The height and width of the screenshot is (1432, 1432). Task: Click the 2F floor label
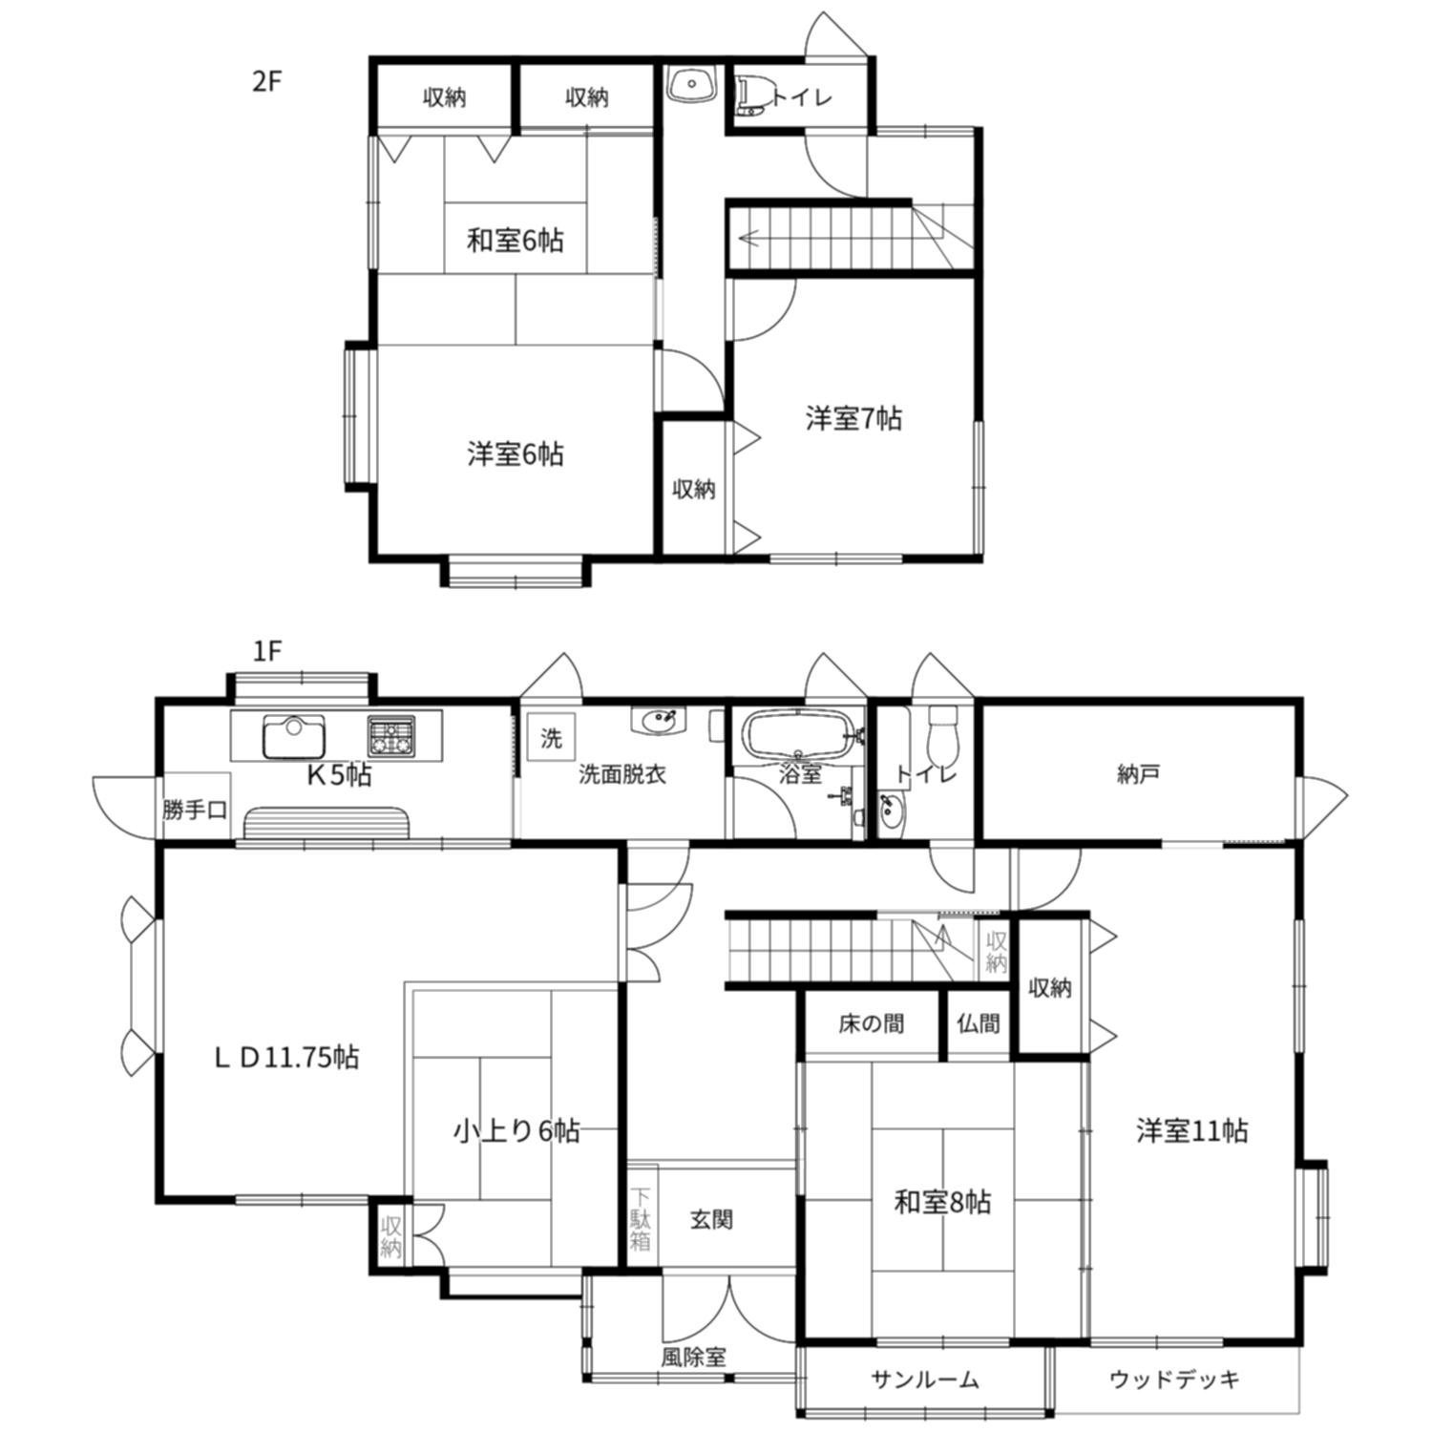click(x=267, y=82)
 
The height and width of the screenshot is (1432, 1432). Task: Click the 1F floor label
click(x=267, y=651)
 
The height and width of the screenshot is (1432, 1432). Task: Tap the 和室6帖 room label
click(x=515, y=240)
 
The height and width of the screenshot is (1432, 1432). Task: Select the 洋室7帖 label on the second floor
click(x=853, y=418)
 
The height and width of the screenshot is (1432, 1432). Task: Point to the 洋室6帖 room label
click(x=515, y=453)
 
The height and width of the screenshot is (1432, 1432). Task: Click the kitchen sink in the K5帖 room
click(x=294, y=736)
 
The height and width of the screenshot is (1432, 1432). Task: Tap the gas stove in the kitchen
click(x=391, y=736)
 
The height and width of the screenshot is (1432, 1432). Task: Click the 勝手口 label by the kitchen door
click(x=195, y=811)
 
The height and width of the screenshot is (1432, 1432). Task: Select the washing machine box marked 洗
click(x=552, y=738)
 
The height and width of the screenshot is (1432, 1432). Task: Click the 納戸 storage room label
click(x=1138, y=773)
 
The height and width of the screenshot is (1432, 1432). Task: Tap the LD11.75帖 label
click(x=285, y=1057)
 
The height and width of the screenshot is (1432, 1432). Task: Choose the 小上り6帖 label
click(x=516, y=1131)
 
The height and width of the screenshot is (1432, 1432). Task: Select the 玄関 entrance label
click(x=711, y=1219)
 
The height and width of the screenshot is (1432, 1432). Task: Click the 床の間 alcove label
click(x=871, y=1024)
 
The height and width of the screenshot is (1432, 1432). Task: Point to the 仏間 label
click(x=979, y=1024)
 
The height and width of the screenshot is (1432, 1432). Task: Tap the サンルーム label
click(x=924, y=1379)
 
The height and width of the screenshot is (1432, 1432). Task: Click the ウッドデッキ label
click(x=1174, y=1379)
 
